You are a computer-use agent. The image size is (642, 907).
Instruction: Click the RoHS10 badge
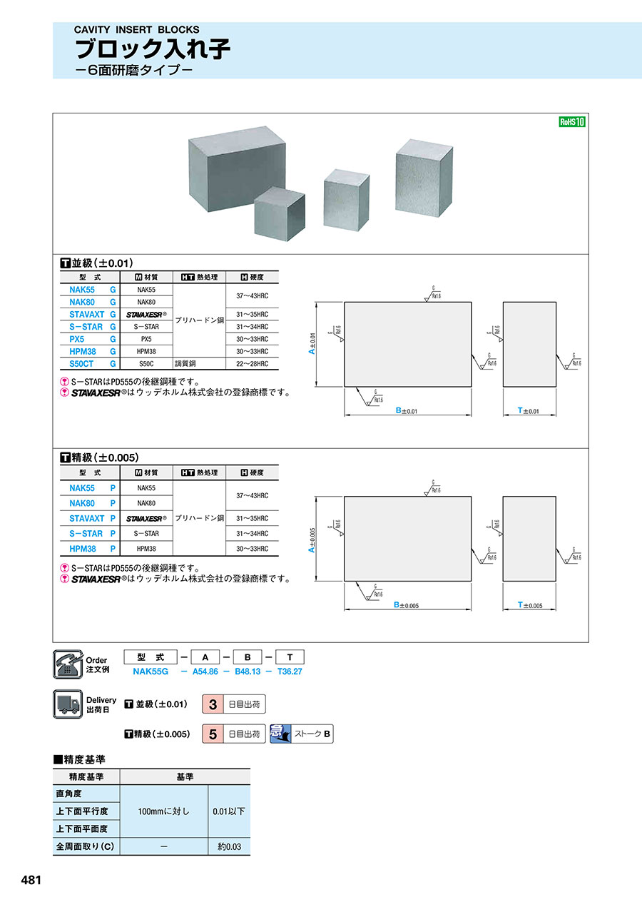coord(571,122)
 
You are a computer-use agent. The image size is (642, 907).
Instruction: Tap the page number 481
coord(32,881)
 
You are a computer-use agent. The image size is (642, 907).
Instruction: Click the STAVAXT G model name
coord(92,315)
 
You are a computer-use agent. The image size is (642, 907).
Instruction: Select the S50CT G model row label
coord(92,364)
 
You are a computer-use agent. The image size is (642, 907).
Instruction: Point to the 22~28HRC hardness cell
coord(252,364)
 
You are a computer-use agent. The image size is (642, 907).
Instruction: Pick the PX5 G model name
coord(92,339)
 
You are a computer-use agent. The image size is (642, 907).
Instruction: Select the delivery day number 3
coord(213,704)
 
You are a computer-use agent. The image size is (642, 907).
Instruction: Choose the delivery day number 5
coord(213,734)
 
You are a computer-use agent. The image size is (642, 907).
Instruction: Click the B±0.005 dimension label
coord(406,605)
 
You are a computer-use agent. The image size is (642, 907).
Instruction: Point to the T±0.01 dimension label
coord(529,411)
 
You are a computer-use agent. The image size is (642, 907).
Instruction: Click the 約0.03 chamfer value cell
coord(229,847)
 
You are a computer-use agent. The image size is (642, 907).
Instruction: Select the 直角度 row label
coord(69,794)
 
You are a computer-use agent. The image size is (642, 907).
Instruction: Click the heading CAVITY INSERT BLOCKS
coord(137,30)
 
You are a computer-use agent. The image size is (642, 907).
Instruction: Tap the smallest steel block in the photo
coord(280,211)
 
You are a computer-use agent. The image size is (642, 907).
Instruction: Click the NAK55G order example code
coord(150,672)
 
